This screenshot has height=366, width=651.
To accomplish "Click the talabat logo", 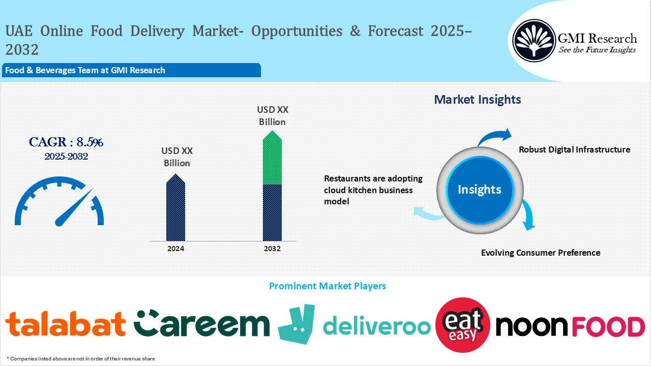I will [x=65, y=324].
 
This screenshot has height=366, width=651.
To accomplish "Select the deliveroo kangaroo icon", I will [x=296, y=324].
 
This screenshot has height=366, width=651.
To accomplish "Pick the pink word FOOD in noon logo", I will [x=608, y=326].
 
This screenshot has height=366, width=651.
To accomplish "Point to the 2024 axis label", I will [x=175, y=249].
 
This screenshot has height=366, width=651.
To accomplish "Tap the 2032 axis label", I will [x=272, y=249].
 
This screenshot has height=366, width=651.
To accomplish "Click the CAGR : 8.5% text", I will [x=66, y=142].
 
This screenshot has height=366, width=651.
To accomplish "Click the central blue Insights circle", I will [x=479, y=190].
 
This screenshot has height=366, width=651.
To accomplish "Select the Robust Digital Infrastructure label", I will [x=574, y=149].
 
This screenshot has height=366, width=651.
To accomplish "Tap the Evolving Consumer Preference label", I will [x=541, y=253].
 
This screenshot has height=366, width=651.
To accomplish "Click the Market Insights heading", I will [x=478, y=100].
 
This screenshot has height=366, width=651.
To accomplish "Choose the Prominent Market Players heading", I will [x=327, y=286].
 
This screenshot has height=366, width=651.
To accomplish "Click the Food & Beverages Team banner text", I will [x=85, y=70].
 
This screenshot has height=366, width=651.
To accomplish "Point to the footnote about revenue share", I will [x=81, y=359].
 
